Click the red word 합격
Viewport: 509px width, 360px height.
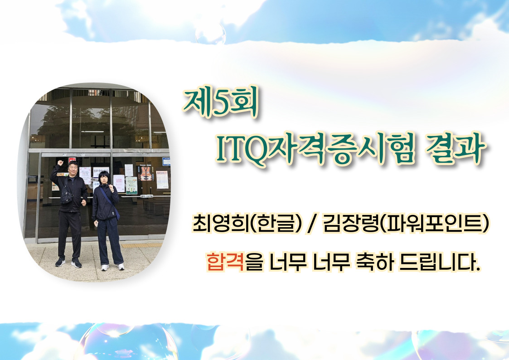[225, 262]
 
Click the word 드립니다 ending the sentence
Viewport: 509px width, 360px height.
[439, 262]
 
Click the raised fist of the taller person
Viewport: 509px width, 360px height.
[60, 163]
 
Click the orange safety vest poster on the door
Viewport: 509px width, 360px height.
[145, 174]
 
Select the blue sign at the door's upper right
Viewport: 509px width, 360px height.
[166, 161]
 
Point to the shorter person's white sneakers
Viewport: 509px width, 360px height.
[112, 267]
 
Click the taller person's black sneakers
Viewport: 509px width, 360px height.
[68, 262]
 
